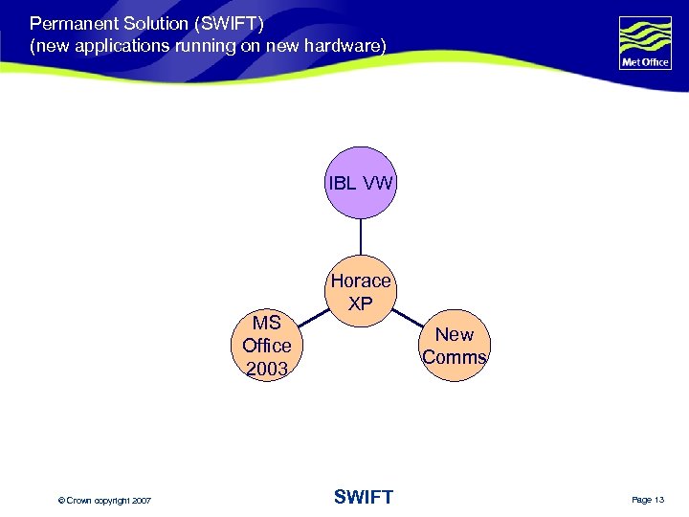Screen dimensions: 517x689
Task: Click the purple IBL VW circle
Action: tap(361, 183)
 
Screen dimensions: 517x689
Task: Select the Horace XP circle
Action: tap(361, 291)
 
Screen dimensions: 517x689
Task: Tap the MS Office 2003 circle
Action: tap(267, 345)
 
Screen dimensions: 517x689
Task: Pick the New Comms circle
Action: tap(455, 346)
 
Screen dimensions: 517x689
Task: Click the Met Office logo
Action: tap(645, 43)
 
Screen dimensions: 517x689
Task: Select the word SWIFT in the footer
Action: tap(364, 497)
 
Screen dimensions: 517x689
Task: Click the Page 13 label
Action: tap(647, 500)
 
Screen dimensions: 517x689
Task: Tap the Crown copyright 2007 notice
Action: tap(104, 500)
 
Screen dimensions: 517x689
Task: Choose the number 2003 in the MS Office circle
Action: tap(267, 369)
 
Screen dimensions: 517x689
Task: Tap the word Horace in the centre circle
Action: tap(361, 281)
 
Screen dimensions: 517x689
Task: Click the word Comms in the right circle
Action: tap(455, 358)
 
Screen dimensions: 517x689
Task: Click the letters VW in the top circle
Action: tap(375, 183)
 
